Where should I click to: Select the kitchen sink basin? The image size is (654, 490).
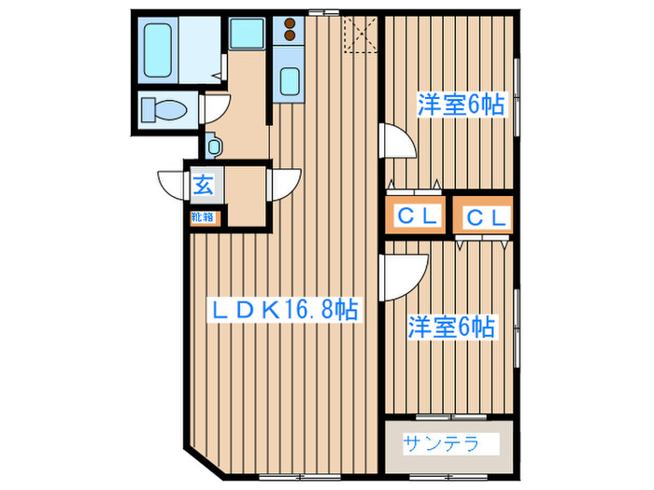coord(290,81)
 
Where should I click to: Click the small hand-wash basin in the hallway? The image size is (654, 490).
coord(215,147)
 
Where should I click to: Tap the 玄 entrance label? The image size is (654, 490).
coord(204,184)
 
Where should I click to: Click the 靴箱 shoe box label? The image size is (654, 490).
coord(203,217)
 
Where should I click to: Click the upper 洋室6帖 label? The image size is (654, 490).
coord(460,105)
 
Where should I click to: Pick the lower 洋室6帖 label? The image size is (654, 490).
coord(451,328)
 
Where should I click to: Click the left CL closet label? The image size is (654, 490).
coord(418,217)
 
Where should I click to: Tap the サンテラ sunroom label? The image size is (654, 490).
coord(441,441)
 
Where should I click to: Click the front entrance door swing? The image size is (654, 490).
coord(174,182)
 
